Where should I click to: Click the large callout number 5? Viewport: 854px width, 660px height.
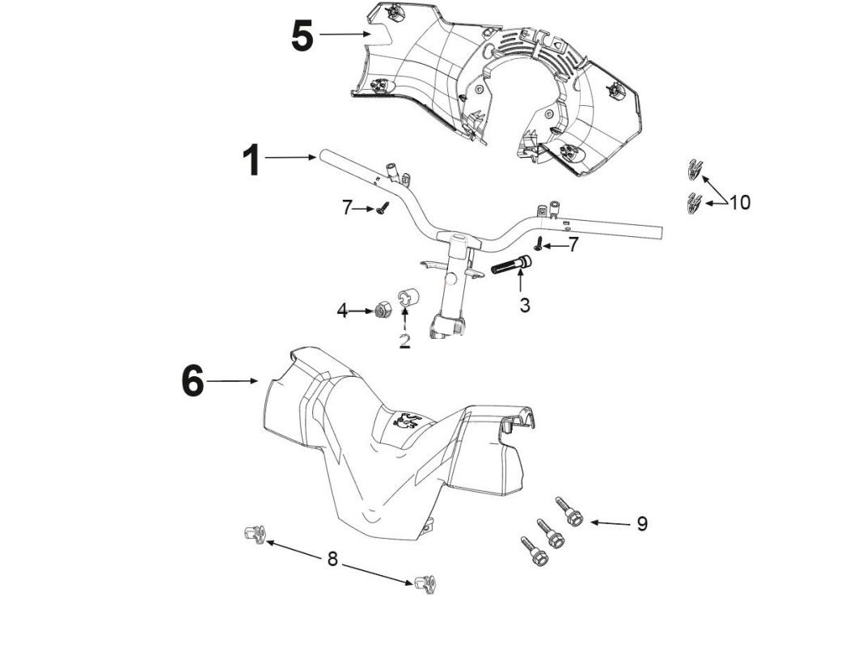[x=302, y=36]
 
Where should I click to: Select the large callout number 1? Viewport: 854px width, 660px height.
[x=252, y=160]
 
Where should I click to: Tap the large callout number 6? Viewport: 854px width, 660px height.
[x=192, y=381]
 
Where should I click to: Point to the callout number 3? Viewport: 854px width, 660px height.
[x=525, y=306]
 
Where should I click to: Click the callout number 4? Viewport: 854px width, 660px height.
[x=342, y=310]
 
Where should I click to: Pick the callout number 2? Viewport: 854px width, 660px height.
[x=404, y=341]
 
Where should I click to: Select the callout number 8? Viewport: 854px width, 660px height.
[x=332, y=558]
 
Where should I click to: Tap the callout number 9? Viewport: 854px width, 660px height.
[x=642, y=524]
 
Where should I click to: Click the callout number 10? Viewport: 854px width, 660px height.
[x=739, y=202]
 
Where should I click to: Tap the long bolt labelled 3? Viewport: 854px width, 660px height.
[x=511, y=265]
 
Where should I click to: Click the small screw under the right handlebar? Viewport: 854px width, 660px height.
[x=538, y=244]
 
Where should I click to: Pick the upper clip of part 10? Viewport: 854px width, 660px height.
[x=694, y=169]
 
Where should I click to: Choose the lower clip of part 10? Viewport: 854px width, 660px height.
[x=693, y=203]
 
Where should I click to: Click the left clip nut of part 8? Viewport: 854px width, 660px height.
[x=255, y=534]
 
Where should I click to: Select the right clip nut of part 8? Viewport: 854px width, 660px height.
[x=425, y=584]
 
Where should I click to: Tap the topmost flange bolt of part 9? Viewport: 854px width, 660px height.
[x=570, y=512]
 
